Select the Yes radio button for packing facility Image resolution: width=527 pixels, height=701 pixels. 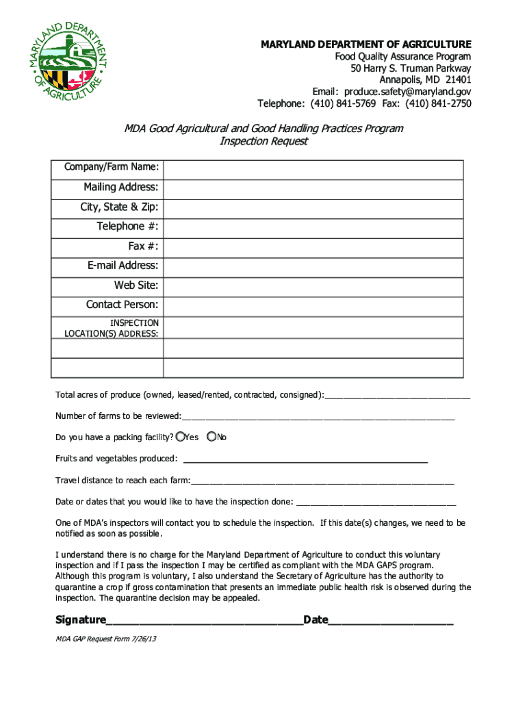click(180, 436)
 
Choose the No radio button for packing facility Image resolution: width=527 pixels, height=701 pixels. click(211, 436)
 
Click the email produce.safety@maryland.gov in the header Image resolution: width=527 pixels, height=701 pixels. click(407, 92)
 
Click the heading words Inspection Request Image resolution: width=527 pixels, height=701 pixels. click(263, 142)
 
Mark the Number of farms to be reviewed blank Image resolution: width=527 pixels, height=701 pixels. click(318, 416)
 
